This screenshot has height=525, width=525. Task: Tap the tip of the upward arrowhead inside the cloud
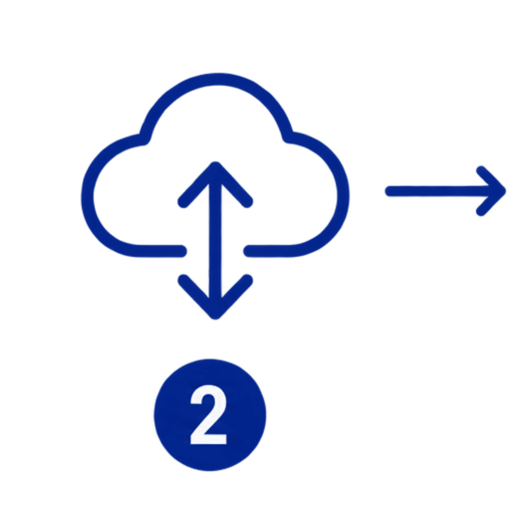click(x=215, y=163)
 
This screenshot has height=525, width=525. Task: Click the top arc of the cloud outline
click(x=216, y=79)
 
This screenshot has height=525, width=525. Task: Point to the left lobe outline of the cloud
click(x=88, y=196)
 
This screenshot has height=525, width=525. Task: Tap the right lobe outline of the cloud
click(x=343, y=196)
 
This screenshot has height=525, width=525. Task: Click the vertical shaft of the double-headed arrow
click(x=215, y=240)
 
